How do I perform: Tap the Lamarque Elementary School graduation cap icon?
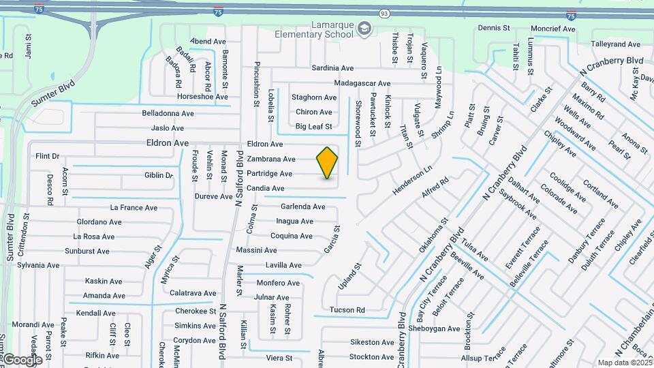pyautogui.click(x=364, y=28)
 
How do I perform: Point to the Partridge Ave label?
pyautogui.click(x=270, y=174)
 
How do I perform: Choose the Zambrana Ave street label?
pyautogui.click(x=271, y=159)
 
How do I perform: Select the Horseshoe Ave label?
pyautogui.click(x=202, y=97)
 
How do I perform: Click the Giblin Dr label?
pyautogui.click(x=159, y=175)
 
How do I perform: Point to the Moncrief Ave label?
pyautogui.click(x=553, y=29)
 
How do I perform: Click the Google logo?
pyautogui.click(x=22, y=359)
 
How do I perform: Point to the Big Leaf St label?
pyautogui.click(x=313, y=126)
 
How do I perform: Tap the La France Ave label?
pyautogui.click(x=134, y=208)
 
